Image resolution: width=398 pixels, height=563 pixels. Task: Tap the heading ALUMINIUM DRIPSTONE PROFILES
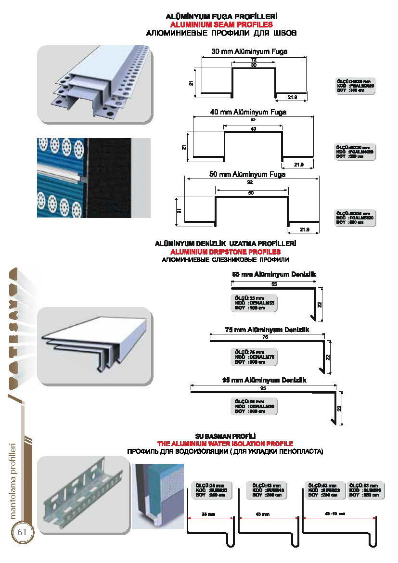(225, 252)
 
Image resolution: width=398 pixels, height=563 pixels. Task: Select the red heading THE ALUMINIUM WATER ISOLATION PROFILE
(225, 443)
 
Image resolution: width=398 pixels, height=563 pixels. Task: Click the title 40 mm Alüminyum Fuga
(248, 112)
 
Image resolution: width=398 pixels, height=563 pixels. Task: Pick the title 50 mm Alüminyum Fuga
(247, 174)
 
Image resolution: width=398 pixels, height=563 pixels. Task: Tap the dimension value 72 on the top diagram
(254, 59)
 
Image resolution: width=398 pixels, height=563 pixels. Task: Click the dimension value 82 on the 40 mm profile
(253, 119)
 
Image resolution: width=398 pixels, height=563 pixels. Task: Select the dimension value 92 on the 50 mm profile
(251, 182)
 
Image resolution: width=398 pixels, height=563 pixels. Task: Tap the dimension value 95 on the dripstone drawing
(263, 388)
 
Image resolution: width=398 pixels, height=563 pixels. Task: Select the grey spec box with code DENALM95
(255, 406)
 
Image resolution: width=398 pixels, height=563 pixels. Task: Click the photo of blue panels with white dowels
(93, 178)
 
